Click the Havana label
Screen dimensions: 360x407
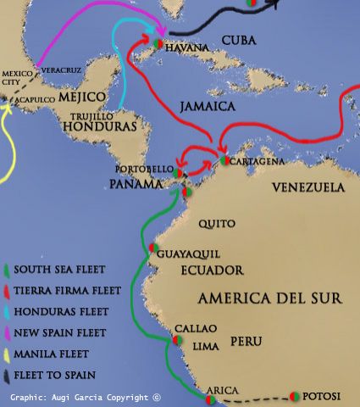pos(186,48)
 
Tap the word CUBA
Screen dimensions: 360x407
pos(240,41)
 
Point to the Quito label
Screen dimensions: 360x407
pos(212,224)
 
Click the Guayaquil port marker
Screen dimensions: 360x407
pos(153,248)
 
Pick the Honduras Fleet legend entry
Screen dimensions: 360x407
pos(56,311)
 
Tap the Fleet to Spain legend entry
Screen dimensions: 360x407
pos(53,374)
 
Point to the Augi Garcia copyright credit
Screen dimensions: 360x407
pos(86,397)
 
